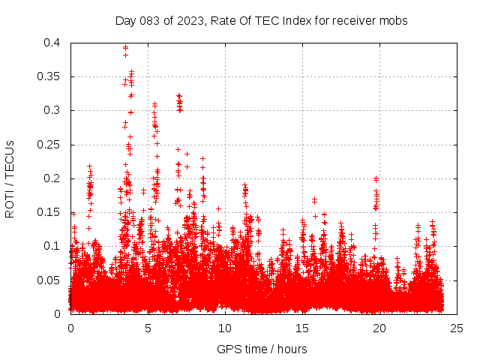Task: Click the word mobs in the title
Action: pyautogui.click(x=394, y=21)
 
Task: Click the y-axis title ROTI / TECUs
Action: pyautogui.click(x=10, y=178)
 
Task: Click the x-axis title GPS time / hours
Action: pyautogui.click(x=262, y=349)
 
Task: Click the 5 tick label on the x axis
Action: pyautogui.click(x=148, y=328)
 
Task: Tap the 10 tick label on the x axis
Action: pyautogui.click(x=225, y=328)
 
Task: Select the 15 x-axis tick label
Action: pyautogui.click(x=302, y=328)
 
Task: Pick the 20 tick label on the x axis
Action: pyautogui.click(x=379, y=328)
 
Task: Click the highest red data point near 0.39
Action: pyautogui.click(x=125, y=47)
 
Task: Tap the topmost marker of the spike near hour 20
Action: pyautogui.click(x=376, y=178)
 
